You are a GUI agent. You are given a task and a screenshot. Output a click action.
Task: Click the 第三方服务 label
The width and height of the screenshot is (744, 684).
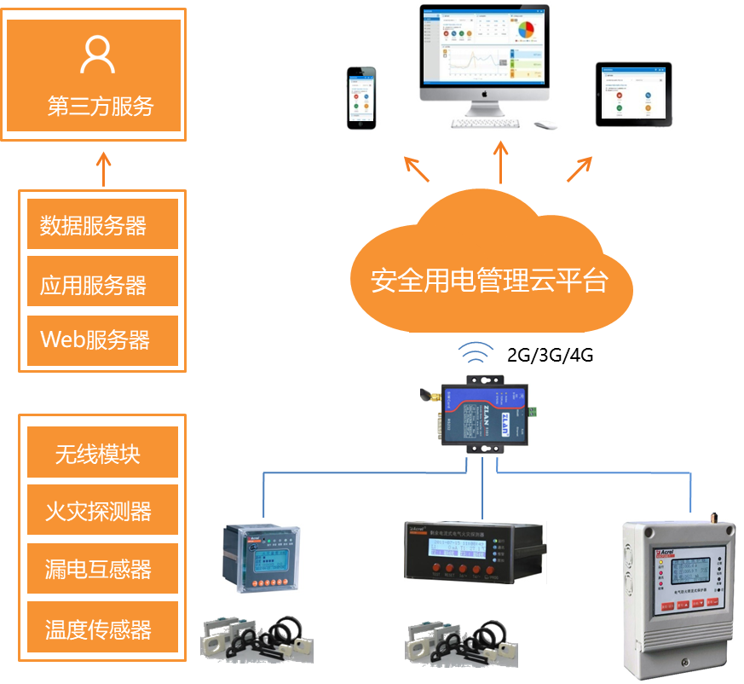(100, 107)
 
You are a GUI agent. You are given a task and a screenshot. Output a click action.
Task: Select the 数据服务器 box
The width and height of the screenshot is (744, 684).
(102, 225)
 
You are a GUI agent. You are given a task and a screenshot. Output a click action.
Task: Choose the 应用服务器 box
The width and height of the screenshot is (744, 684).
(102, 283)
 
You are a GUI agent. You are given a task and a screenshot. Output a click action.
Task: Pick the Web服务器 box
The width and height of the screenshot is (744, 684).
(102, 340)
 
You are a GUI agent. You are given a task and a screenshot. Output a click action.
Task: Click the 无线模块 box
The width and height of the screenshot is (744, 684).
(102, 453)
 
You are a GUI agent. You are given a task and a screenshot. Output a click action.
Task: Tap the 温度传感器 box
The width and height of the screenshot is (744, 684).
(102, 629)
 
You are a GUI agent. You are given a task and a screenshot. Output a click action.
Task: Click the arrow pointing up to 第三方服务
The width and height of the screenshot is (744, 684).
(103, 169)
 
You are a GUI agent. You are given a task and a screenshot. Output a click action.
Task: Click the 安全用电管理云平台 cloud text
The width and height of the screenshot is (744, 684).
(489, 280)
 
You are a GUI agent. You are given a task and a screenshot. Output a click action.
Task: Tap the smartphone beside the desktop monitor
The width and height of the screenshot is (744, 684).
(361, 98)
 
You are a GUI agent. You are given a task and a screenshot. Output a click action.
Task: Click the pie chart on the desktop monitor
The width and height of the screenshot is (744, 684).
(526, 30)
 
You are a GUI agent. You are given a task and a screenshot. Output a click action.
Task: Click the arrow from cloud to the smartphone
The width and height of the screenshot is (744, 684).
(417, 169)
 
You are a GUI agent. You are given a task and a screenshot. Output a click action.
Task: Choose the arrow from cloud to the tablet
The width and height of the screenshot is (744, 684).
(580, 169)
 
